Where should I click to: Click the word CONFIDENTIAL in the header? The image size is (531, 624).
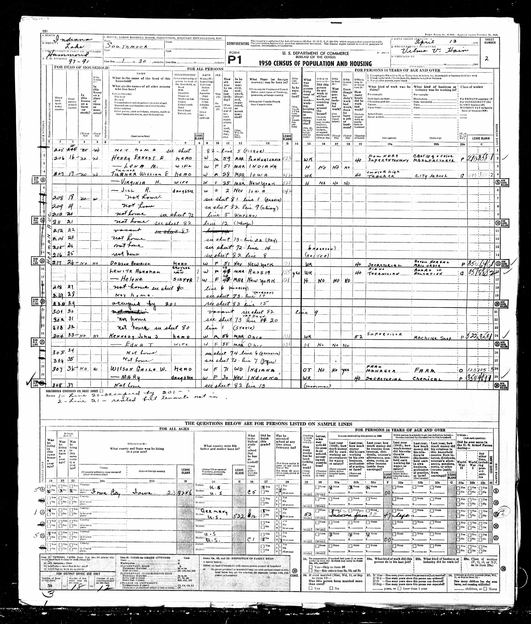[238, 44]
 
